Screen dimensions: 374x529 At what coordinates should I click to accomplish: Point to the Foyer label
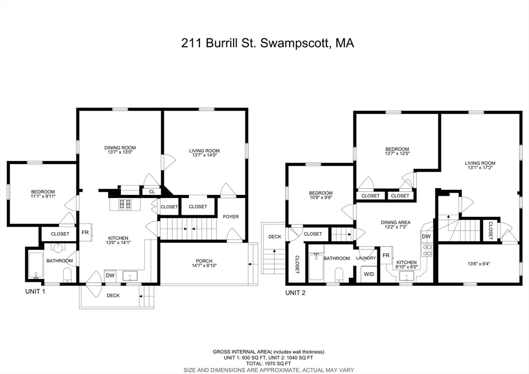coord(230,217)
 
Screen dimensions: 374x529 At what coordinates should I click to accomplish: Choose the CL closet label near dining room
coord(152,192)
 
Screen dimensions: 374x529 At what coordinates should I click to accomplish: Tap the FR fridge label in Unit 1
coord(85,233)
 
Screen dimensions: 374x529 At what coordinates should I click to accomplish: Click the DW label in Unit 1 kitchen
coord(110,276)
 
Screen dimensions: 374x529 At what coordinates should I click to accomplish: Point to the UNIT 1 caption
coord(36,292)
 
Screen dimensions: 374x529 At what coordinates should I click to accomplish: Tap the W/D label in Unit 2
coord(369,274)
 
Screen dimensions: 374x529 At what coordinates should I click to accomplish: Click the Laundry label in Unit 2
coord(366,258)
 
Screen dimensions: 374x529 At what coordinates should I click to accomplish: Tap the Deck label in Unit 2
coord(274,237)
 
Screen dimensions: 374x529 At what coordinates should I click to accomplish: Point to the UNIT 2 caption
coord(295,293)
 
